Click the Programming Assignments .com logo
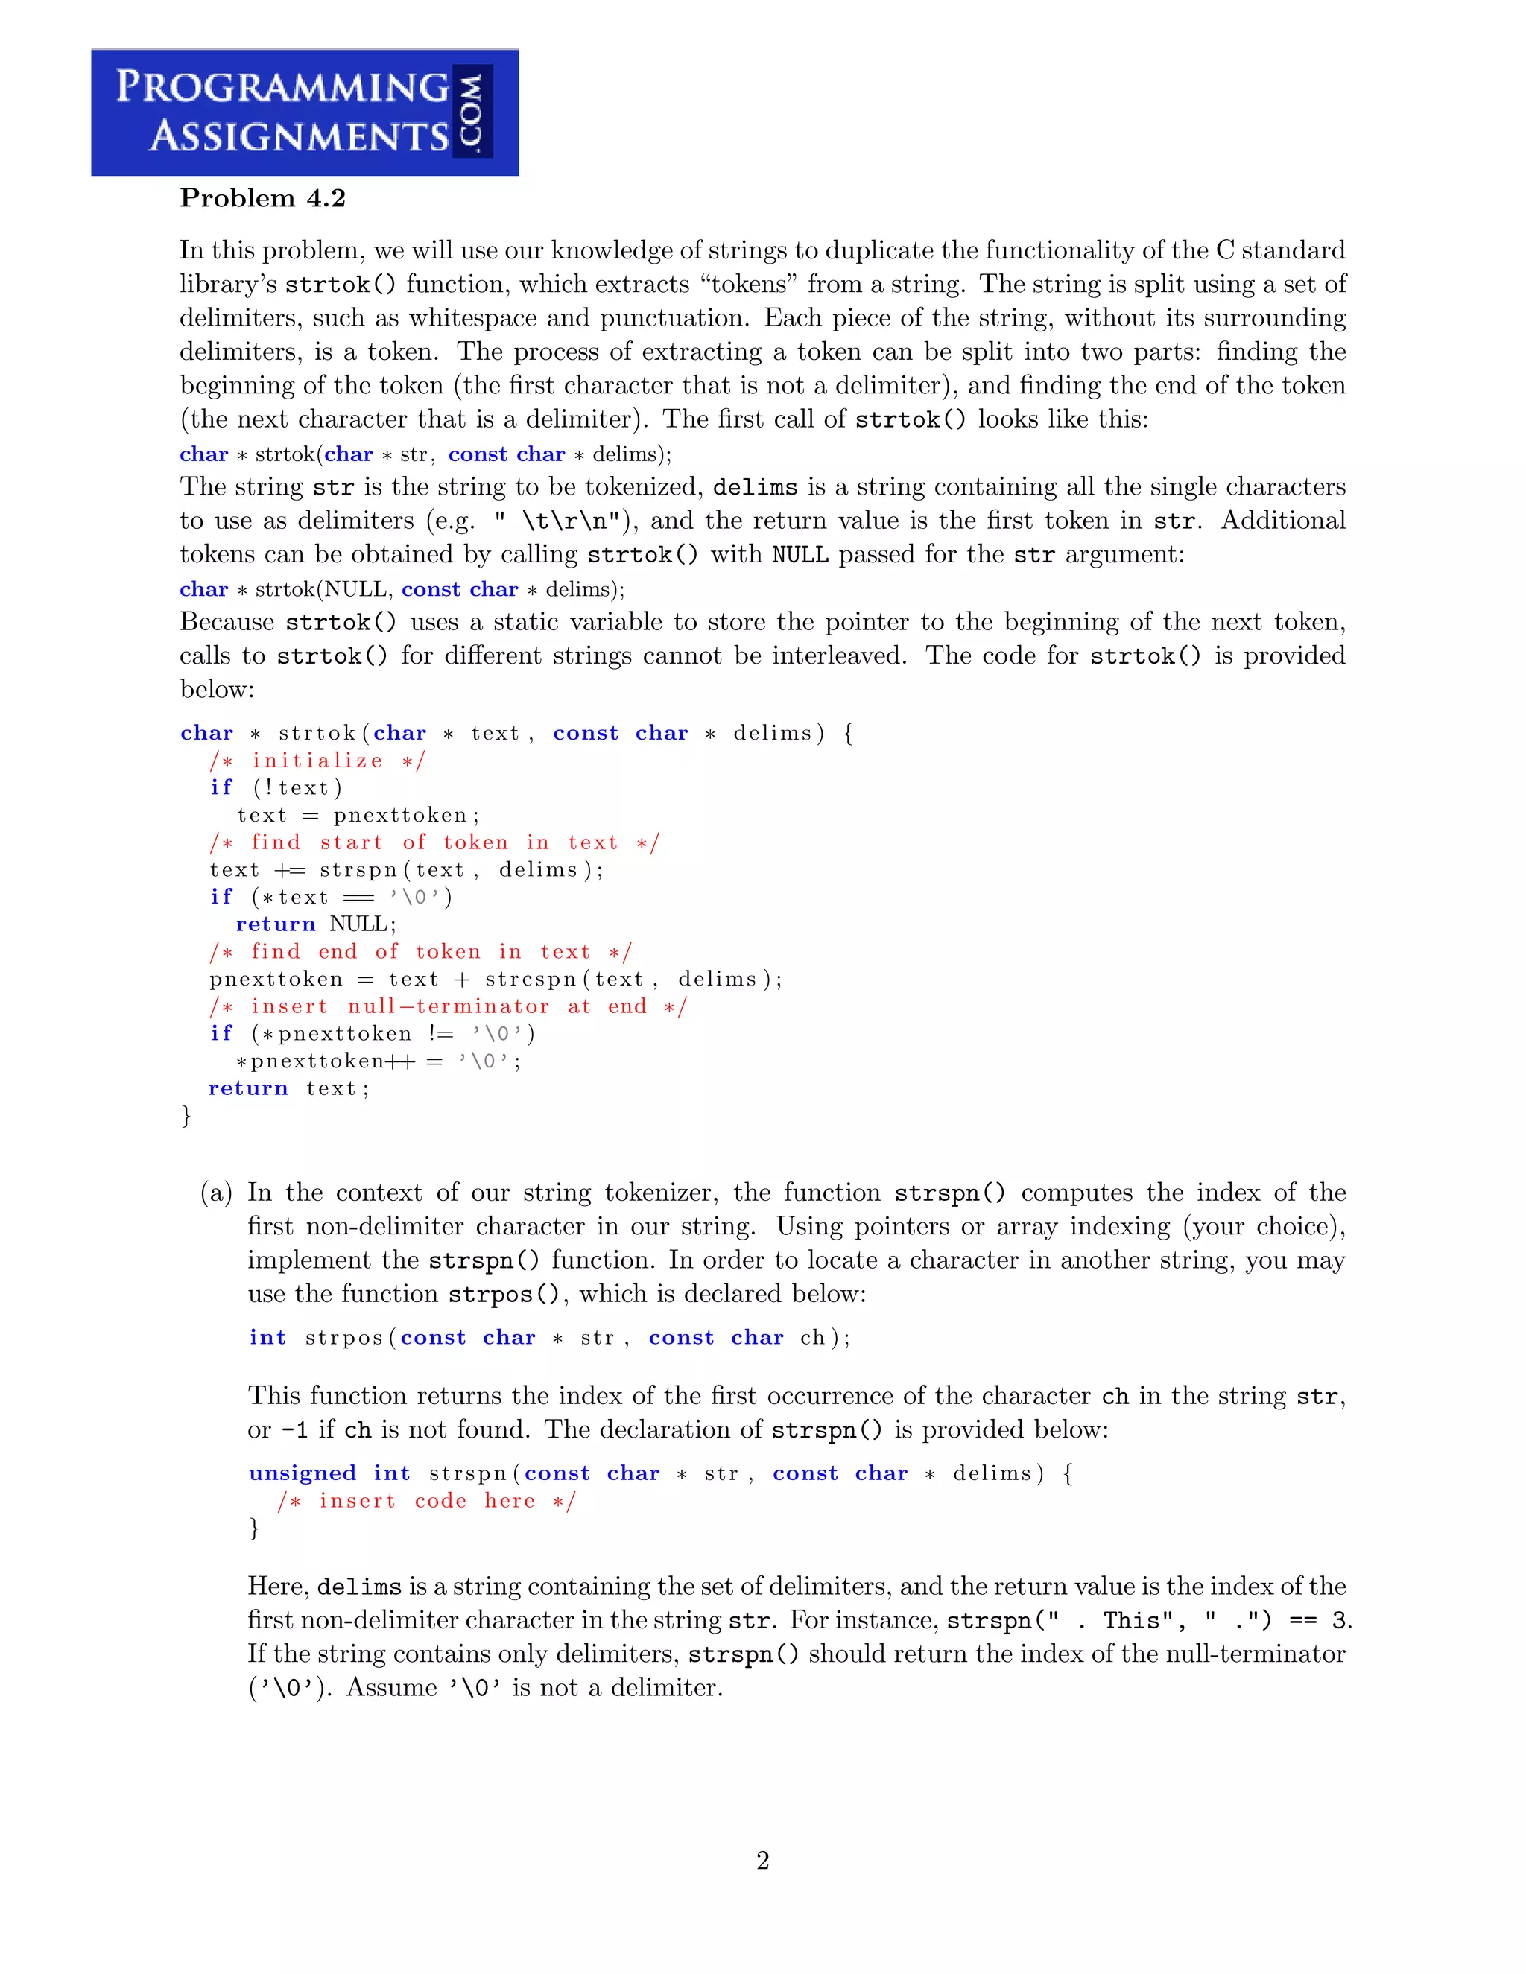pos(305,112)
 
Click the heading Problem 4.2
pos(262,198)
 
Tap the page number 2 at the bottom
pos(762,1860)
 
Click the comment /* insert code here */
pos(425,1501)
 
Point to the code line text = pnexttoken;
pos(352,815)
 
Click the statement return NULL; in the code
pos(315,924)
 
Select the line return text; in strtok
pos(288,1088)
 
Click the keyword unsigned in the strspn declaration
pos(302,1473)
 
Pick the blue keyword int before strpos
pos(267,1338)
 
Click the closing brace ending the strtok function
pos(186,1117)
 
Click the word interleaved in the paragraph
pos(838,656)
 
